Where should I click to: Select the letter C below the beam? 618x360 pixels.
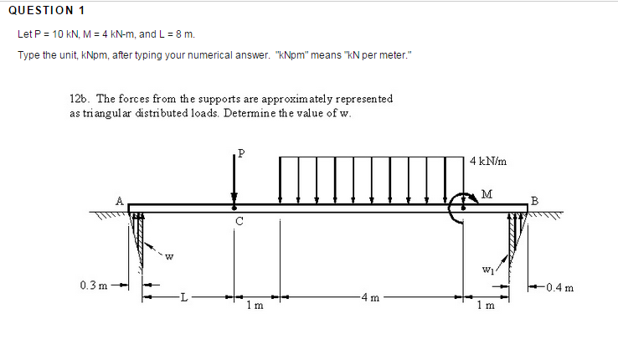239,221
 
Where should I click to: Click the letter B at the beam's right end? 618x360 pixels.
535,200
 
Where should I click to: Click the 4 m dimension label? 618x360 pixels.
369,296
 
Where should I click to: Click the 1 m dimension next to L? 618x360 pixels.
256,305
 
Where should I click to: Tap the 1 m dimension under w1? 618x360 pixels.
487,305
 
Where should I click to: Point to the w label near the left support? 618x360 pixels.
169,256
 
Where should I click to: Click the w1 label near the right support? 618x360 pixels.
487,270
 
